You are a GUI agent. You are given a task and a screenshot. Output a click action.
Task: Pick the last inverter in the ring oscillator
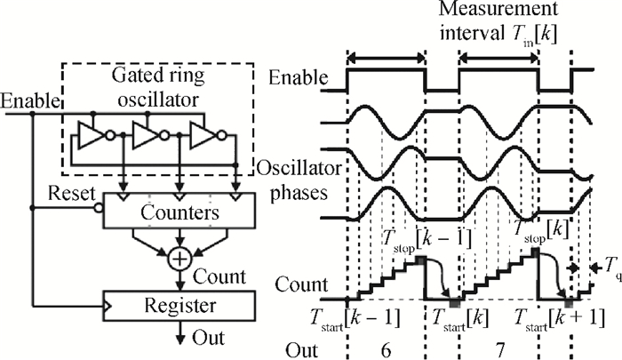click(203, 136)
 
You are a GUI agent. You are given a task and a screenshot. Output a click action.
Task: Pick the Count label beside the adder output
click(224, 276)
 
